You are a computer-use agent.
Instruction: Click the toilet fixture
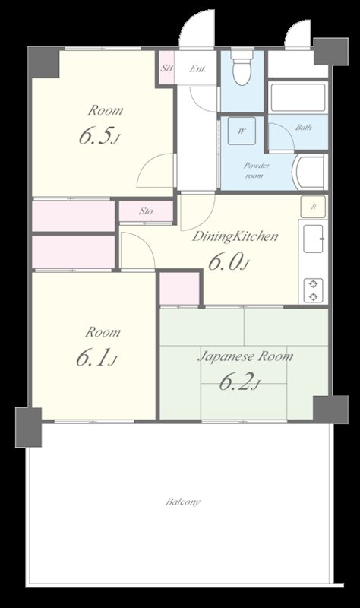pos(242,66)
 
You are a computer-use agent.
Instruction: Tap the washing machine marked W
pos(242,131)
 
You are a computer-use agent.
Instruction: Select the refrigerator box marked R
pos(313,207)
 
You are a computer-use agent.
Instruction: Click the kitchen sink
pos(313,239)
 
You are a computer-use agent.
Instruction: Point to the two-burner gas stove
pos(313,290)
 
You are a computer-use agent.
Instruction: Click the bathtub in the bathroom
pos(298,97)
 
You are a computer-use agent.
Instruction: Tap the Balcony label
pos(183,502)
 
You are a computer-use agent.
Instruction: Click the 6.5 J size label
pos(99,137)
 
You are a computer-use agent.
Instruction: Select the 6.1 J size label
pos(96,358)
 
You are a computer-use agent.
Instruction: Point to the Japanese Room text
pos(245,356)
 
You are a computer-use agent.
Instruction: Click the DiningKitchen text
pos(235,236)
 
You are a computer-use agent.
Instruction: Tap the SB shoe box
pos(167,68)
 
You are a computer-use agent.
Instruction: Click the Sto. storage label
pos(147,212)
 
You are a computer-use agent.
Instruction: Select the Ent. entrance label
pos(197,69)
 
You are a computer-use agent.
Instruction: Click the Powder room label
pos(257,170)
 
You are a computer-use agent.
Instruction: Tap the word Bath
pos(304,127)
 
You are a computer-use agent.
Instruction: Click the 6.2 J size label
pos(239,382)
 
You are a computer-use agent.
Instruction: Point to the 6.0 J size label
pos(229,262)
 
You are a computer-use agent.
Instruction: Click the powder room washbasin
pos(309,172)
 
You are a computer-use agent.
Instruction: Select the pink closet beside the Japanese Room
pos(180,288)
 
